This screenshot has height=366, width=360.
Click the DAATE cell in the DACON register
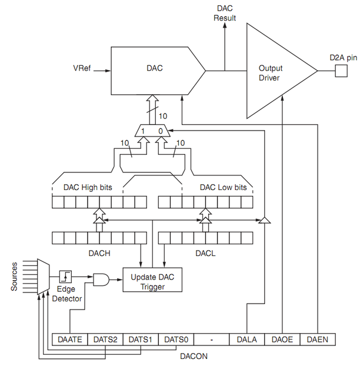pyautogui.click(x=70, y=340)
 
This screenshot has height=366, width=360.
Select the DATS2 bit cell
pyautogui.click(x=105, y=340)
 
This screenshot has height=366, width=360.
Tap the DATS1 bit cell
pyautogui.click(x=141, y=340)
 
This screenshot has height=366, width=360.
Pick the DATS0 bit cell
pyautogui.click(x=176, y=340)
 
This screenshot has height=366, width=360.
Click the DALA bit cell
pyautogui.click(x=246, y=340)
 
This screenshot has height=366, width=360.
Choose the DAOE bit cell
pyautogui.click(x=282, y=340)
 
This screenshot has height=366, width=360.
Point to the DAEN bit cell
pyautogui.click(x=317, y=340)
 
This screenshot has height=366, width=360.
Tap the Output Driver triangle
pyautogui.click(x=274, y=71)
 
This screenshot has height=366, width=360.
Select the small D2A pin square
pyautogui.click(x=341, y=71)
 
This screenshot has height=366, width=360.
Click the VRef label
pyautogui.click(x=82, y=68)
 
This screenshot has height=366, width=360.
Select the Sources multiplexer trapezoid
pyautogui.click(x=42, y=277)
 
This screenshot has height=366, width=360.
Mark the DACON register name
pyautogui.click(x=194, y=356)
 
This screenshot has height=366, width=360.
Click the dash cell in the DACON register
pyautogui.click(x=211, y=340)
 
